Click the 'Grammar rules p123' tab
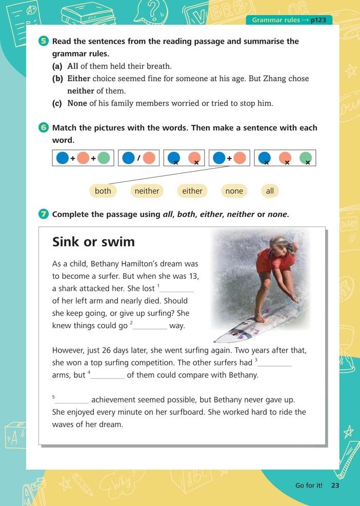[x=289, y=20]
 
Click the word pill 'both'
[x=103, y=191]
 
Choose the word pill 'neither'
[x=147, y=191]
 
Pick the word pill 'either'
[x=192, y=191]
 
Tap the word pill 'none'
[x=234, y=191]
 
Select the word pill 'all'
[x=270, y=191]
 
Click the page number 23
[x=335, y=485]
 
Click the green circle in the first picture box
[x=104, y=158]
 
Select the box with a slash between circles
[x=138, y=158]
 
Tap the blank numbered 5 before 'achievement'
[x=73, y=400]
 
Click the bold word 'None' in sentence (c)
[x=77, y=103]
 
